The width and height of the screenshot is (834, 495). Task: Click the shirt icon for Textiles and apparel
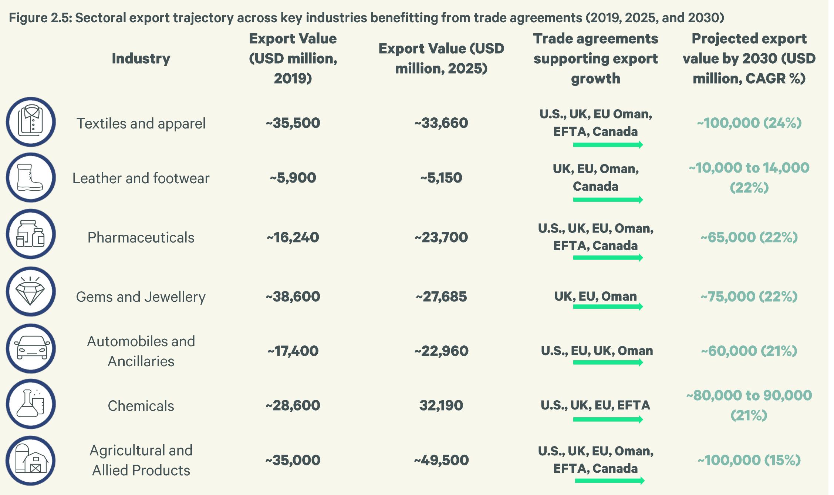tap(31, 122)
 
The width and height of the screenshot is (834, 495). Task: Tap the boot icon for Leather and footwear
tap(31, 178)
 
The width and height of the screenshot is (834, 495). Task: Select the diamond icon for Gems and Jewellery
tap(31, 292)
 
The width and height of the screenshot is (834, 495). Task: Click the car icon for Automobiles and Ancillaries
tap(31, 349)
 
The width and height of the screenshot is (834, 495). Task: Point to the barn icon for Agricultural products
tap(31, 461)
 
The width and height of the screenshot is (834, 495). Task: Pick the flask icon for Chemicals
tap(31, 404)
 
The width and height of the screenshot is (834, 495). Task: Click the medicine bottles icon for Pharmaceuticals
tap(31, 234)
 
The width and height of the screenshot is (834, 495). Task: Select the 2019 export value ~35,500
tap(293, 123)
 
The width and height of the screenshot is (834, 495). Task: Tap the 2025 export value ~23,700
tap(441, 237)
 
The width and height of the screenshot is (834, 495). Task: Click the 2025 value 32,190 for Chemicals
tap(441, 405)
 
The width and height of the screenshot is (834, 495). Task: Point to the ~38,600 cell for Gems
tap(293, 297)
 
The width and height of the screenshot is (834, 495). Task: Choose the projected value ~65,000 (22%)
tap(749, 237)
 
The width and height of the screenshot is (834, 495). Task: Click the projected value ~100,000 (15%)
tap(749, 460)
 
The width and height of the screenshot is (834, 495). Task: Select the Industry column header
tap(141, 58)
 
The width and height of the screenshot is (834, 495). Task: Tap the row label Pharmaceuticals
tap(141, 238)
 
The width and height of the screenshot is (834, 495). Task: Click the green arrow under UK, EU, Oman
tap(608, 306)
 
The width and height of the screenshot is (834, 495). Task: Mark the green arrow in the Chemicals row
tap(608, 419)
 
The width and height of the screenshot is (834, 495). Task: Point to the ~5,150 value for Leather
tap(441, 178)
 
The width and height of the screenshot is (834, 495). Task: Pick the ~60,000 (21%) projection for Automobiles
tap(749, 351)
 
